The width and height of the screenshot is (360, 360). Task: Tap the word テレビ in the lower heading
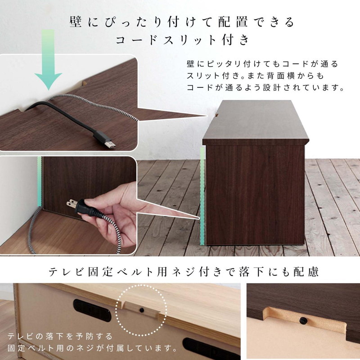[x=66, y=272]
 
